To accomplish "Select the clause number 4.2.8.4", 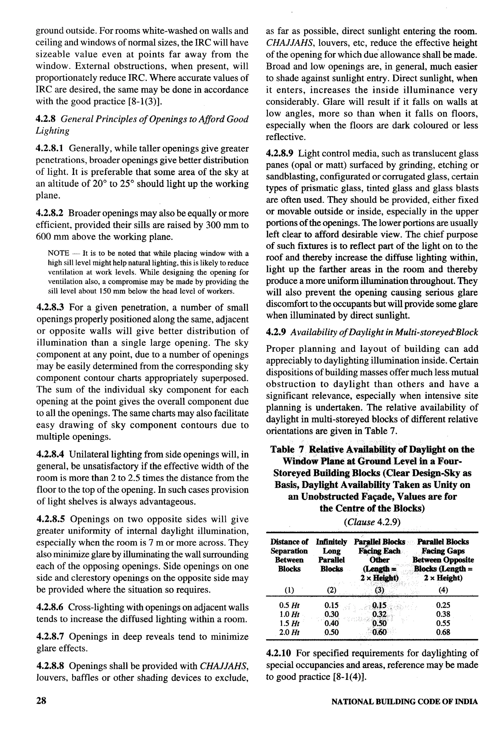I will (51, 454).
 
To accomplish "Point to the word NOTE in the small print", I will (58, 253).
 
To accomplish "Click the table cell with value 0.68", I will (443, 632).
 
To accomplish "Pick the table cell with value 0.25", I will (443, 605).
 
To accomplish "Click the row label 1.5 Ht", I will (289, 623).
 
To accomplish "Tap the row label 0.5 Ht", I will (289, 605).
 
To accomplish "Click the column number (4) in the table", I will (443, 590).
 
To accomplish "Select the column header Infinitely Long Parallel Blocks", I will (331, 555).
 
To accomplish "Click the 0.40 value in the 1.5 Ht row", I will (331, 623).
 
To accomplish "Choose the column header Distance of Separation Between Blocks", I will (289, 555).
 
